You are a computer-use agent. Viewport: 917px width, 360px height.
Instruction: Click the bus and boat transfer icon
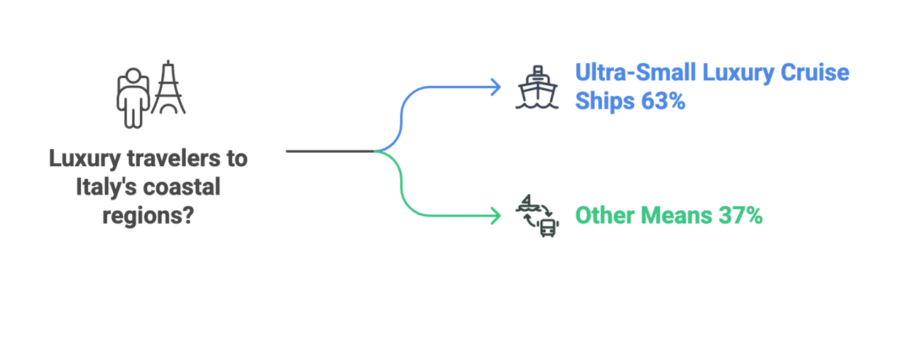[537, 215]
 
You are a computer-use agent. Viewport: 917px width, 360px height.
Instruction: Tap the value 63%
[663, 102]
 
